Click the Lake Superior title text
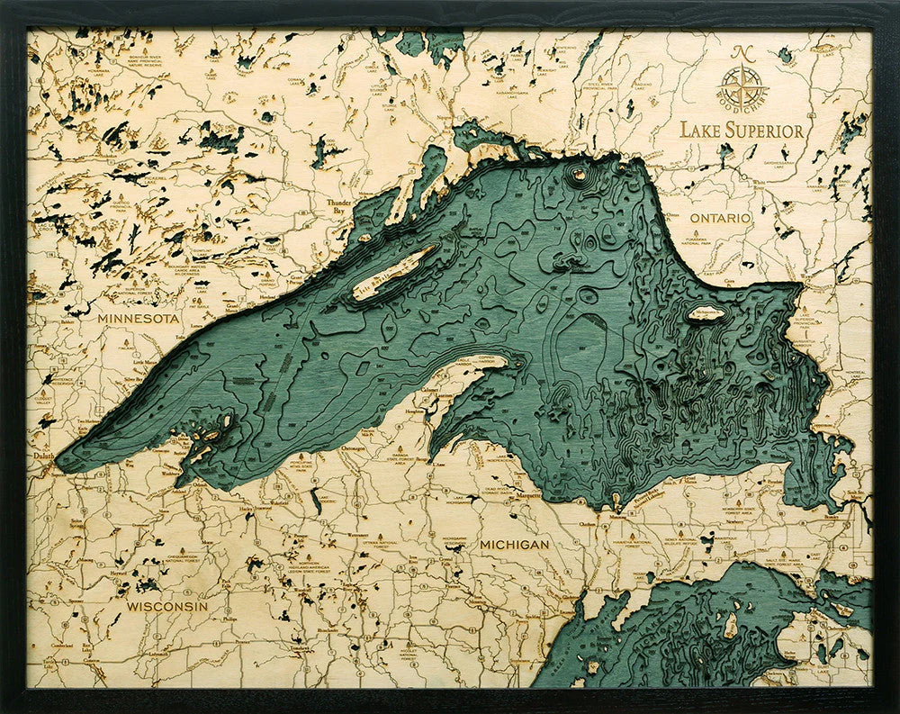tap(742, 131)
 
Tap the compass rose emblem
tap(742, 86)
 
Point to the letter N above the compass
tap(742, 51)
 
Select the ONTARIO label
tap(720, 219)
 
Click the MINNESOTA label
tap(139, 319)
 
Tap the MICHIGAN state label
tap(514, 545)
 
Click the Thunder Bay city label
tap(339, 205)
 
